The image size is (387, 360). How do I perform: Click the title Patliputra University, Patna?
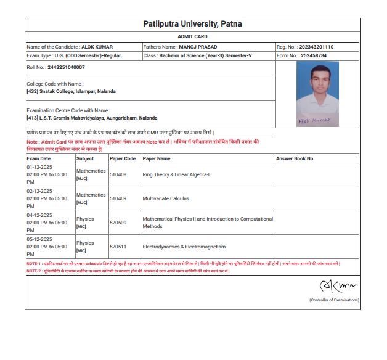192,24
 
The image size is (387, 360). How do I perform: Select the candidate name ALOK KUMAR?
97,47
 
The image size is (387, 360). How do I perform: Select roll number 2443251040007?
66,67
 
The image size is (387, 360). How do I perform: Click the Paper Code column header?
123,158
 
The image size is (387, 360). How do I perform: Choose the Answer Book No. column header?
295,158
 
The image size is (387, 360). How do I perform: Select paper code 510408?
118,174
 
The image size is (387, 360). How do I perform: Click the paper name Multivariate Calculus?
166,198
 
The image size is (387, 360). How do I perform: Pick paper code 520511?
118,247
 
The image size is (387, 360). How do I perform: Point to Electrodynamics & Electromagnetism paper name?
184,247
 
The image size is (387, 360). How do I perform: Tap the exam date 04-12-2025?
39,215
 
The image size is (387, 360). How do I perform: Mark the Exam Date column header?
39,158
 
